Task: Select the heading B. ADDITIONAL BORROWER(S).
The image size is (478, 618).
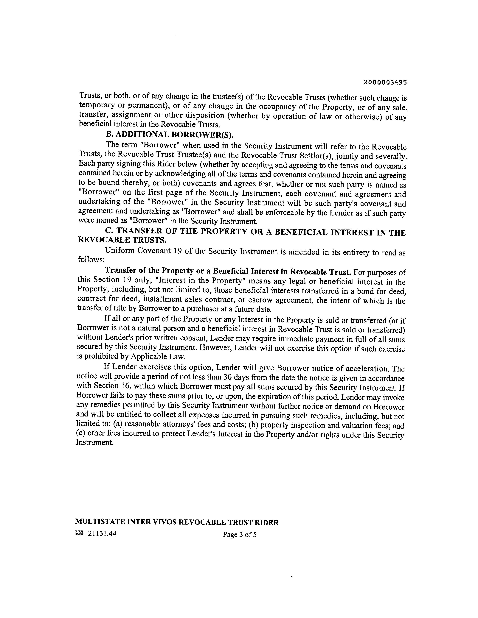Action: click(x=170, y=135)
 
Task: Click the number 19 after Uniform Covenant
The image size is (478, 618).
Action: click(x=177, y=251)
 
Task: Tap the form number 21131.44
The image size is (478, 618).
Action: click(x=102, y=533)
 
